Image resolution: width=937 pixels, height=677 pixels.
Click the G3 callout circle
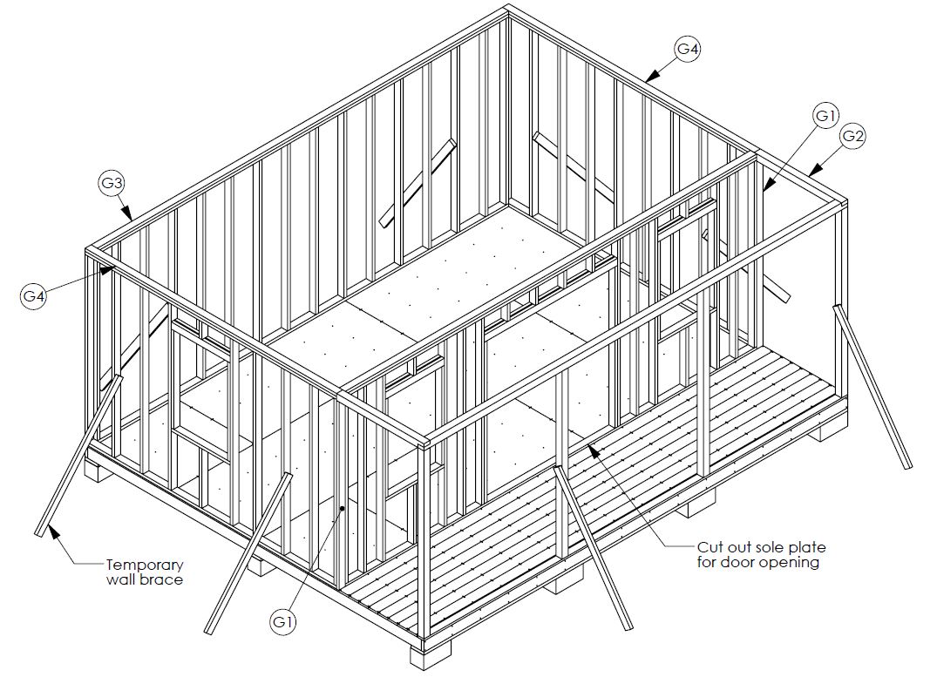111,183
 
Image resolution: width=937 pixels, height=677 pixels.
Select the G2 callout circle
853,136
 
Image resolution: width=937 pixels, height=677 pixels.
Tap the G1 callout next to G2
826,114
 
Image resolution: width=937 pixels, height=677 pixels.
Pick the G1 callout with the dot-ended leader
282,621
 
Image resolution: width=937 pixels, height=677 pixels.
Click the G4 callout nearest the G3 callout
33,297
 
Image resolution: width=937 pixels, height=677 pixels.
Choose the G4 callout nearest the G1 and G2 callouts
688,50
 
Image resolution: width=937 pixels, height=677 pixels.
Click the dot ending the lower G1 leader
343,508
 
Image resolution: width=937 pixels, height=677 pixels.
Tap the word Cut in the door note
709,547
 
